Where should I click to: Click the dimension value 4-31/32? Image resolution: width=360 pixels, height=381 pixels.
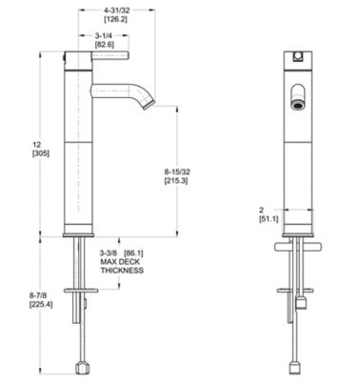tap(118, 8)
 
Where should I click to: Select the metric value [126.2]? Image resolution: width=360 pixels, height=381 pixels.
tap(118, 18)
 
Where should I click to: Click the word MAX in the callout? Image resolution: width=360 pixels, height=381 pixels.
tap(108, 262)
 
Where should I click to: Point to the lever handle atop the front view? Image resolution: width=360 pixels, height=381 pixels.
tap(297, 55)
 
